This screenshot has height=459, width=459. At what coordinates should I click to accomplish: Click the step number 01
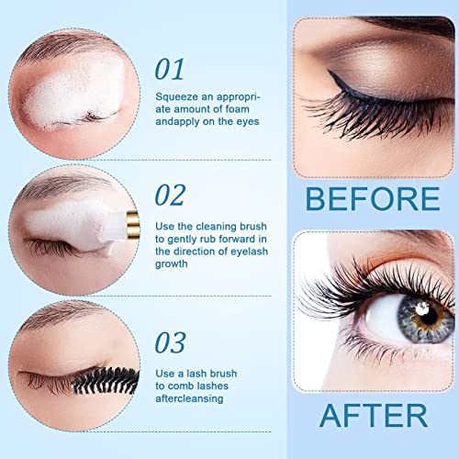170,69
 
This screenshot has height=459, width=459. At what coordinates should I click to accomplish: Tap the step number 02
171,195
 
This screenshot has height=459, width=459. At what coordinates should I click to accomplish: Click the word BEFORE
372,199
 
